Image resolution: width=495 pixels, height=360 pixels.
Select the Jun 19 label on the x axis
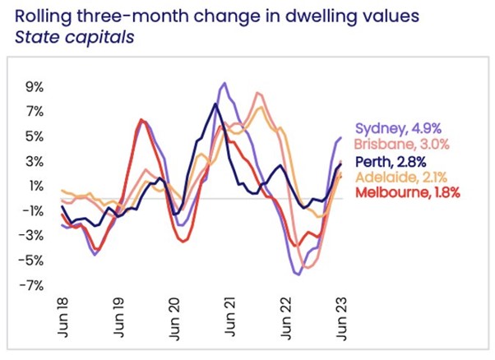point(119,314)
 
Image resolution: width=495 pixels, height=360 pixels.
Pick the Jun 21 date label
point(231,314)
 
